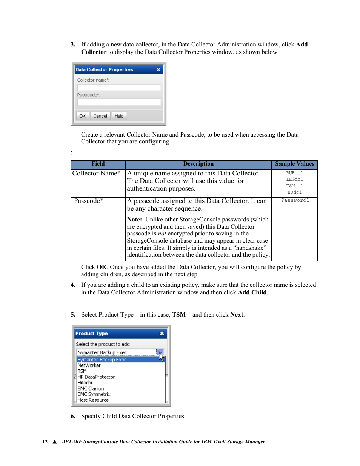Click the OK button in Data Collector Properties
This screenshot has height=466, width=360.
[x=82, y=116]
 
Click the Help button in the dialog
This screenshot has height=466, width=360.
[x=119, y=116]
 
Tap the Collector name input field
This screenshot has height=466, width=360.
[x=119, y=87]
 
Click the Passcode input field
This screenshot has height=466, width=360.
[x=119, y=102]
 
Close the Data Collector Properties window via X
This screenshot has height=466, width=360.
[x=158, y=69]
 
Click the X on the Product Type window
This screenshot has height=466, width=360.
[x=162, y=333]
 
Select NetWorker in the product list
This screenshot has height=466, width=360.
[x=89, y=365]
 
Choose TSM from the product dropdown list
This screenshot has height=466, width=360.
[x=82, y=371]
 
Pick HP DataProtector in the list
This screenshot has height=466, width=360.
[x=96, y=377]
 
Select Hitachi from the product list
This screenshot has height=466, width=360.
[x=85, y=383]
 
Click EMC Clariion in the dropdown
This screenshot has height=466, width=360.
[x=91, y=388]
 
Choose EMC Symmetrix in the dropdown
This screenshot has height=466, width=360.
[x=94, y=394]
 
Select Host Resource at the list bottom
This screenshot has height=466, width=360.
[x=93, y=400]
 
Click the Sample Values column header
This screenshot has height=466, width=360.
[x=294, y=164]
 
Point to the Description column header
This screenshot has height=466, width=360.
[x=198, y=164]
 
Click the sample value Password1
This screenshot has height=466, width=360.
[x=295, y=200]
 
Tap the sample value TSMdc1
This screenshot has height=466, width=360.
[x=294, y=186]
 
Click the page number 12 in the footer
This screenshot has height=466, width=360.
[x=45, y=441]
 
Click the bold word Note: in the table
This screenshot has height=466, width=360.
[x=134, y=219]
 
